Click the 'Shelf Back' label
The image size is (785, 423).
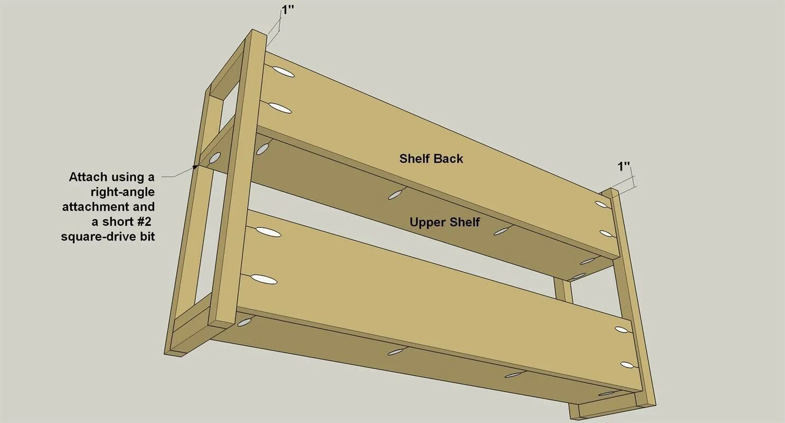[x=431, y=158]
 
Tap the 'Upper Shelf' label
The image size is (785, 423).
[x=444, y=222]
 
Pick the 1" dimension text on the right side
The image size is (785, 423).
[x=623, y=167]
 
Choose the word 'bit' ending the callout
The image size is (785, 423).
[x=146, y=236]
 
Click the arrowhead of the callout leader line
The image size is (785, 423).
[x=196, y=167]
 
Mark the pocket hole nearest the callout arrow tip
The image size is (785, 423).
[x=214, y=158]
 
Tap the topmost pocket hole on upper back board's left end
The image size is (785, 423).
[x=283, y=72]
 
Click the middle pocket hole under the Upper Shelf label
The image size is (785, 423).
[x=396, y=194]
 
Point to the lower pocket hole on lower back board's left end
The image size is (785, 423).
[x=263, y=279]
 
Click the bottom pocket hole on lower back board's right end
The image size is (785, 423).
[x=627, y=365]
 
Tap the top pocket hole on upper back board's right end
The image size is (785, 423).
[x=601, y=205]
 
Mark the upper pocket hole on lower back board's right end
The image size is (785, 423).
[x=621, y=330]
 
